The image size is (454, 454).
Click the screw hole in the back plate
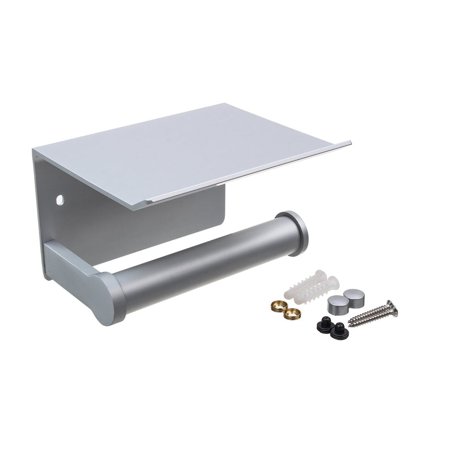[59, 200]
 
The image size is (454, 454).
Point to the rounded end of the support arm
[108, 298]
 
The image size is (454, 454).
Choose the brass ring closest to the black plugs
[293, 312]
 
